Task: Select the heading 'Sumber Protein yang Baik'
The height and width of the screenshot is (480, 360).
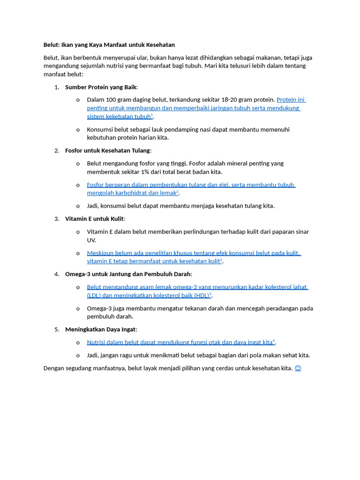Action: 101,87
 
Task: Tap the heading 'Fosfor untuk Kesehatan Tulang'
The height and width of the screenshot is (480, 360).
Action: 108,150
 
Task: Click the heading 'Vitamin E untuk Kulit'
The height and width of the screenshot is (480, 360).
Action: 95,219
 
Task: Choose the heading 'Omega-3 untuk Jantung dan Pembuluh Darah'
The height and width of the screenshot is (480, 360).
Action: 128,274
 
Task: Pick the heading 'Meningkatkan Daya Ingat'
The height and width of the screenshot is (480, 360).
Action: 101,330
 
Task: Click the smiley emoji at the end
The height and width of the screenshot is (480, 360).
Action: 298,368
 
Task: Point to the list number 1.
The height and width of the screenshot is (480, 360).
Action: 56,87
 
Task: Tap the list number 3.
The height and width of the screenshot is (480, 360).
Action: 56,219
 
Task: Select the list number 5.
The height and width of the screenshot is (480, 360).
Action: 56,330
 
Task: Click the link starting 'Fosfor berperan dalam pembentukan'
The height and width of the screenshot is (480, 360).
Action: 191,185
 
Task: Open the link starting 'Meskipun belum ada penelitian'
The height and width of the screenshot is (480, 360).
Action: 193,253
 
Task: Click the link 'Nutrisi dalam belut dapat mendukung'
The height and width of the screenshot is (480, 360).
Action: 180,343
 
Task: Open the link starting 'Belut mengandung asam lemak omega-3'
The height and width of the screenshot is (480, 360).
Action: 197,287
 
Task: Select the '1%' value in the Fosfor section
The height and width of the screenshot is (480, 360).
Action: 139,172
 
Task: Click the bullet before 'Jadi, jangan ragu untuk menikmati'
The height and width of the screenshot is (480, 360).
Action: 78,355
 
